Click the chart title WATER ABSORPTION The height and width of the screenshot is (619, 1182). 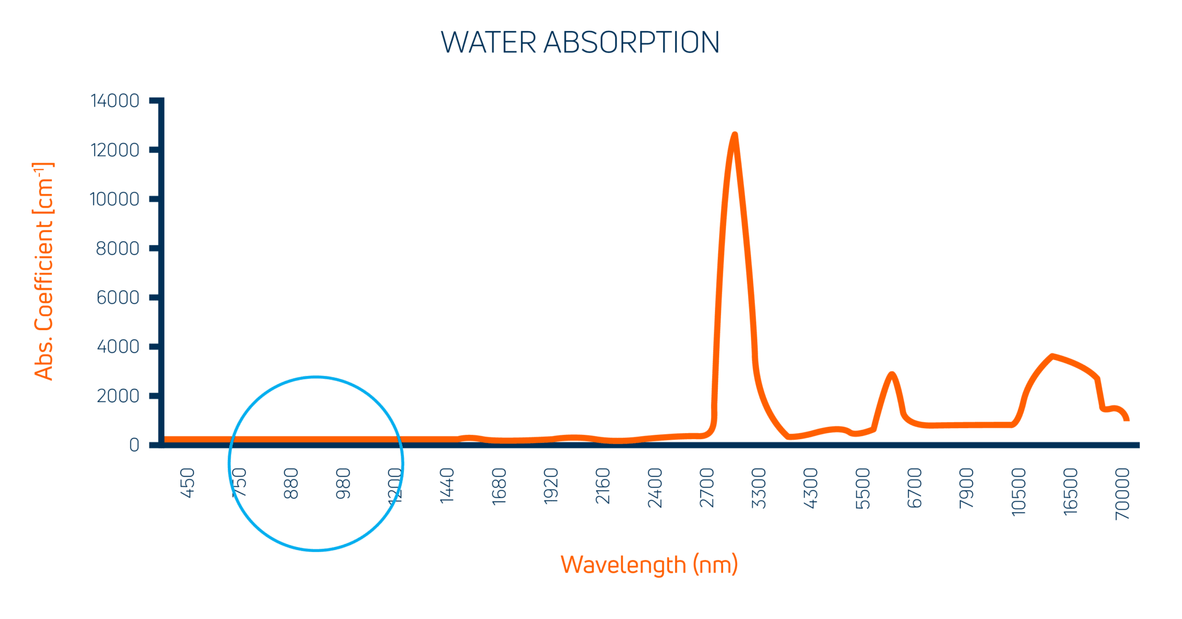580,43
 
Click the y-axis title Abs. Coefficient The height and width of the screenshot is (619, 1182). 44,271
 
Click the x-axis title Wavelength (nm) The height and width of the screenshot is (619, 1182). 649,564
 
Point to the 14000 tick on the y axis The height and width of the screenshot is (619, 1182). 115,101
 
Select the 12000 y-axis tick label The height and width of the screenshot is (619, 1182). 115,150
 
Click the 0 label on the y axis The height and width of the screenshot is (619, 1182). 134,445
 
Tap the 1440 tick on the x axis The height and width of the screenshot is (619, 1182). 447,485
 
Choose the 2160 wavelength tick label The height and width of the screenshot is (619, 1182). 603,485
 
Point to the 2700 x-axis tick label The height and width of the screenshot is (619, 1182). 707,487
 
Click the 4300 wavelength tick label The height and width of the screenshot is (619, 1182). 811,487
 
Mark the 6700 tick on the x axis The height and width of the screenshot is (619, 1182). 915,487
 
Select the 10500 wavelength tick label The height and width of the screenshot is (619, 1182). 1019,491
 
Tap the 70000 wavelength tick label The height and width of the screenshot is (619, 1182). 1123,493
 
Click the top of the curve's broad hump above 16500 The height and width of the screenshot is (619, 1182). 1052,356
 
